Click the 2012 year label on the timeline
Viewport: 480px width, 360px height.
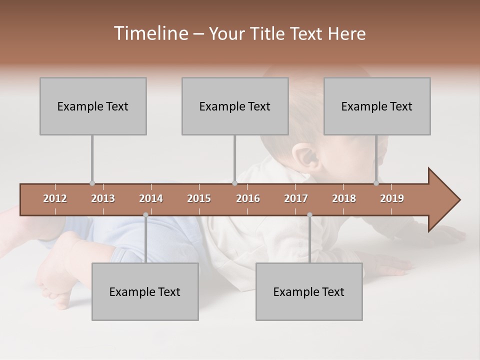click(x=55, y=198)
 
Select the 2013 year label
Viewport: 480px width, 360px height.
click(x=103, y=198)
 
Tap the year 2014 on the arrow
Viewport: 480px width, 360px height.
click(x=151, y=198)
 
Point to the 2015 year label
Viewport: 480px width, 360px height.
click(x=199, y=198)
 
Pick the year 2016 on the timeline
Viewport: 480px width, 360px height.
click(x=248, y=198)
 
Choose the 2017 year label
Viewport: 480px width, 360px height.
click(x=296, y=198)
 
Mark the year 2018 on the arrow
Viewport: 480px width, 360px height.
click(x=344, y=198)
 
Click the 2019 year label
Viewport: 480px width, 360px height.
click(x=392, y=198)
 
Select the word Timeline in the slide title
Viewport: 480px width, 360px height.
click(x=149, y=33)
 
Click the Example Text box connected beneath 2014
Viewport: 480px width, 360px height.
click(x=145, y=291)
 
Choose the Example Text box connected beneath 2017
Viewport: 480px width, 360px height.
click(x=309, y=291)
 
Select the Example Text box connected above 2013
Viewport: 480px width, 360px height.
click(x=93, y=106)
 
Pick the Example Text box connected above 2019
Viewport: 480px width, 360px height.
click(x=377, y=106)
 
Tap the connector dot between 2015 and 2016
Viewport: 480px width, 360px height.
click(x=235, y=183)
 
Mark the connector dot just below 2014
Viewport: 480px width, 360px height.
click(x=145, y=214)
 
